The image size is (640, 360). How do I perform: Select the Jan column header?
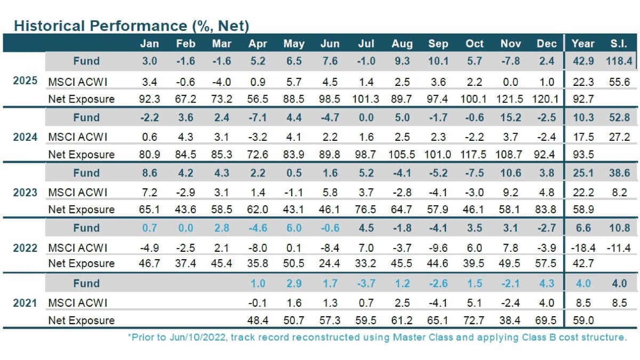click(149, 44)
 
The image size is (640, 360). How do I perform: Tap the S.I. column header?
click(619, 44)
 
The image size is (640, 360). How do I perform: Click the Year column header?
click(583, 44)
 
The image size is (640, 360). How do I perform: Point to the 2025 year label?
click(25, 81)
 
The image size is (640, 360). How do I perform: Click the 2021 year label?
click(25, 303)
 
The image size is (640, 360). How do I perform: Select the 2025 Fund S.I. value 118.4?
click(619, 61)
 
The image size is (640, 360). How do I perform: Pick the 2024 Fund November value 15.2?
click(510, 117)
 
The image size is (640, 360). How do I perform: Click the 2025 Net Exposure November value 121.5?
click(510, 99)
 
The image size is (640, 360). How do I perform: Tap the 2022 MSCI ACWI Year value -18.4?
click(582, 248)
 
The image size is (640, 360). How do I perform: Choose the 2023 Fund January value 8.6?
click(149, 173)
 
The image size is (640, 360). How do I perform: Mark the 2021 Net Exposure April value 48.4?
click(258, 321)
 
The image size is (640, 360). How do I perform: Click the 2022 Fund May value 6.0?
click(293, 228)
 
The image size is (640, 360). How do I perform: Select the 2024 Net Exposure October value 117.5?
click(474, 155)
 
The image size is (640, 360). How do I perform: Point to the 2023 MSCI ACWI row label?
click(77, 192)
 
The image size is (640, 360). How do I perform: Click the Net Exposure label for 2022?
click(81, 263)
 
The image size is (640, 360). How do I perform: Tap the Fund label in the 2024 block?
click(86, 117)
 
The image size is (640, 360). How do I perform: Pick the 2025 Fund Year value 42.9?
click(582, 61)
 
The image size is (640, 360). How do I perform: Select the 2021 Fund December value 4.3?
click(547, 283)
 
